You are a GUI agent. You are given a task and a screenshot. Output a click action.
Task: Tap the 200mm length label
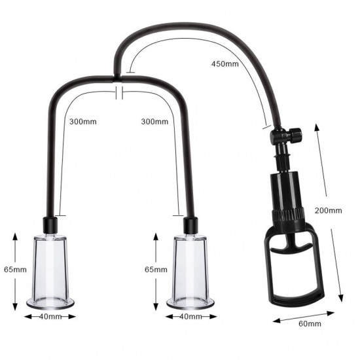coord(328,210)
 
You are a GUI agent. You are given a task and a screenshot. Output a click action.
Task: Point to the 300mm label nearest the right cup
coord(153,120)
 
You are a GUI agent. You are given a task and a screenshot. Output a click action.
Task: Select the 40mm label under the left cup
coord(50,317)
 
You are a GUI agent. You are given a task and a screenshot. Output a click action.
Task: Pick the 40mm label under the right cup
coord(190,317)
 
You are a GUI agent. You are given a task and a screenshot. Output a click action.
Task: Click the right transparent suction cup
coord(190,268)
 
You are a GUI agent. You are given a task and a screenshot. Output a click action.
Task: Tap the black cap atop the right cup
coord(190,225)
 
